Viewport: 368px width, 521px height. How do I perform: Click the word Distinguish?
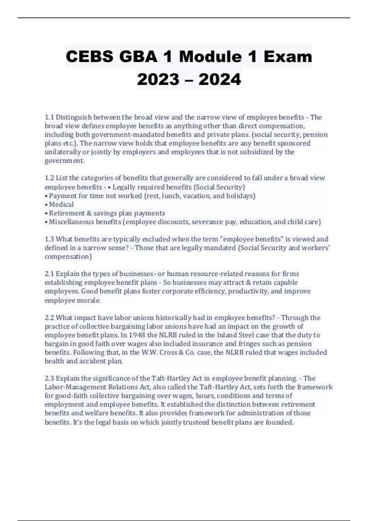(x=74, y=117)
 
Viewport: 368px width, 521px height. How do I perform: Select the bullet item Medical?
(x=61, y=204)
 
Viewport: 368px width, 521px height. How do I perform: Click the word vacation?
(x=197, y=196)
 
